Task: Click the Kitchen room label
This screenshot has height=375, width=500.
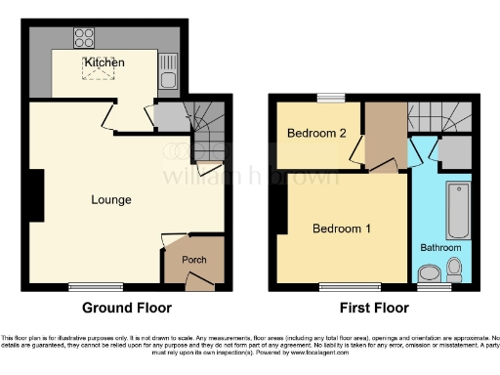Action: [104, 62]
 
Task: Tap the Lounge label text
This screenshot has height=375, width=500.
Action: [111, 200]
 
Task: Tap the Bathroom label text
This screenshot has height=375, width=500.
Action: [440, 248]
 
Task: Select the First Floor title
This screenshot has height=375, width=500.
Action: [374, 309]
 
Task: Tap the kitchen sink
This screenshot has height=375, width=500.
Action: [168, 79]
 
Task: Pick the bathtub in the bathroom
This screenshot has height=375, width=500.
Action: [456, 210]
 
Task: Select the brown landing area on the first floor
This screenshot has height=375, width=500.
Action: [383, 137]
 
